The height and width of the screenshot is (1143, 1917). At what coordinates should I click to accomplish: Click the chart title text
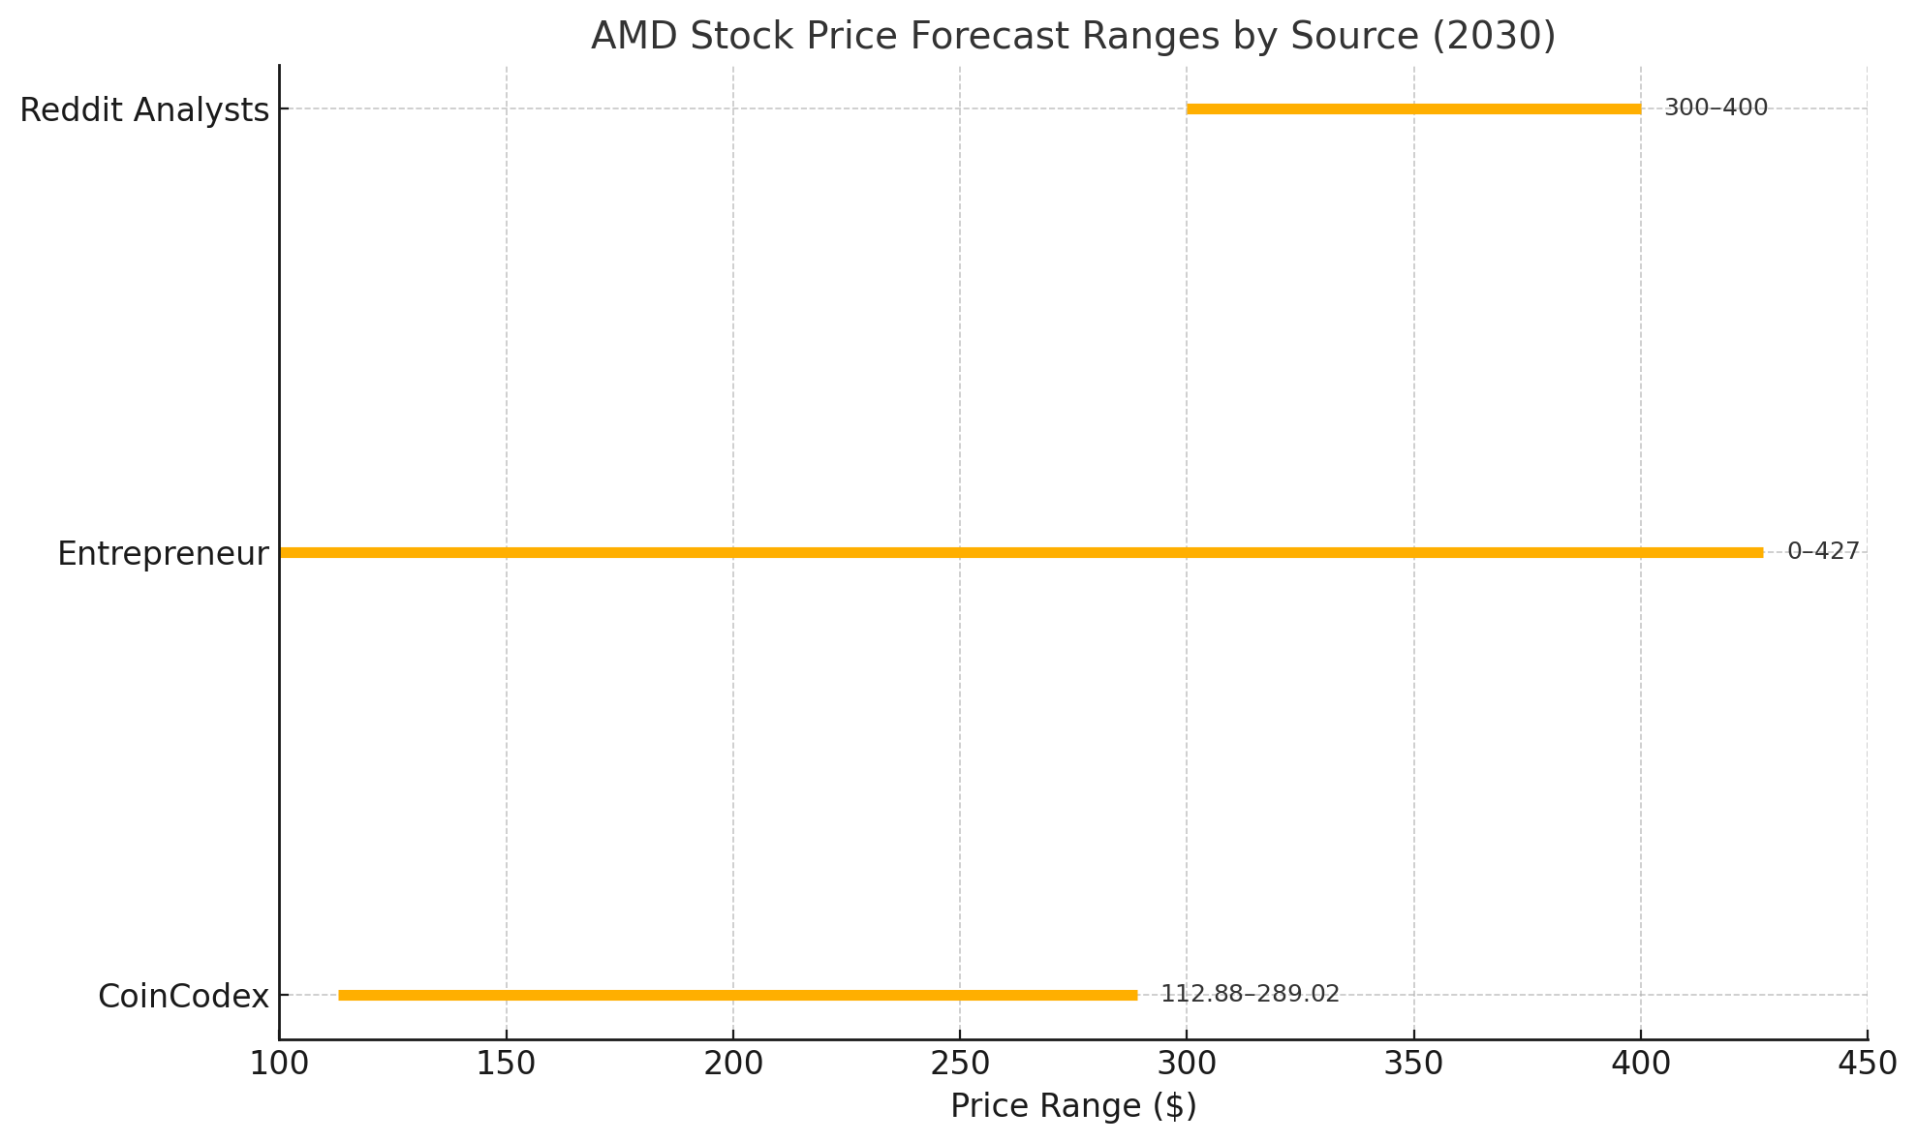point(1072,37)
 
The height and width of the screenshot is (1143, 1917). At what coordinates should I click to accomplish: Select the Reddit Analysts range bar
point(1413,108)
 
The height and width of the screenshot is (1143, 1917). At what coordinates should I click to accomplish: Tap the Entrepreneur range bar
point(1021,552)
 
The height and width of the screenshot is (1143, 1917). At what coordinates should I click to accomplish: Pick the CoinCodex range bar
point(737,995)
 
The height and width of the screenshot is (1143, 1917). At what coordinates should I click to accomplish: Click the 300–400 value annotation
point(1716,108)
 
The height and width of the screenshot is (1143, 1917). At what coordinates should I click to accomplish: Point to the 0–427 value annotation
point(1823,551)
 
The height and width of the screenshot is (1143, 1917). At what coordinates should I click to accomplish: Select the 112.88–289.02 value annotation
point(1250,994)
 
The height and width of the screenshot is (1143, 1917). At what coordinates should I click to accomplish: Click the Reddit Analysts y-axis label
point(144,110)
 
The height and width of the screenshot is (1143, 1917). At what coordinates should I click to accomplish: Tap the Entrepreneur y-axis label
point(163,554)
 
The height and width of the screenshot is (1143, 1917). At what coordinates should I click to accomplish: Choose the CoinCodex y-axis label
point(183,997)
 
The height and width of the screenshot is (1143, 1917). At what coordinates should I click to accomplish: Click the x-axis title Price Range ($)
point(1072,1106)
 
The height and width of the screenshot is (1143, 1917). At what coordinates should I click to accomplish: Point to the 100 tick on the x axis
point(279,1064)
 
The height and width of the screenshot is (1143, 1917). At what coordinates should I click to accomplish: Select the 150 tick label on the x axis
point(506,1064)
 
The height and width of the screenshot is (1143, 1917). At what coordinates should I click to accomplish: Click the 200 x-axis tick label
point(732,1064)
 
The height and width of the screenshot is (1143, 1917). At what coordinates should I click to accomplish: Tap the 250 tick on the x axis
point(959,1064)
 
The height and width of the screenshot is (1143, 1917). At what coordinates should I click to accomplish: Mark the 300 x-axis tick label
point(1187,1064)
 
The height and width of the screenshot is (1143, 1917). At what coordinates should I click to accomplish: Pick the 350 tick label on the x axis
point(1413,1064)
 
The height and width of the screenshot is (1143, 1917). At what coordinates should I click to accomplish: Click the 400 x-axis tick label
point(1640,1064)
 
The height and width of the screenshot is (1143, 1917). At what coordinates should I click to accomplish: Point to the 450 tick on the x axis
point(1867,1064)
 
